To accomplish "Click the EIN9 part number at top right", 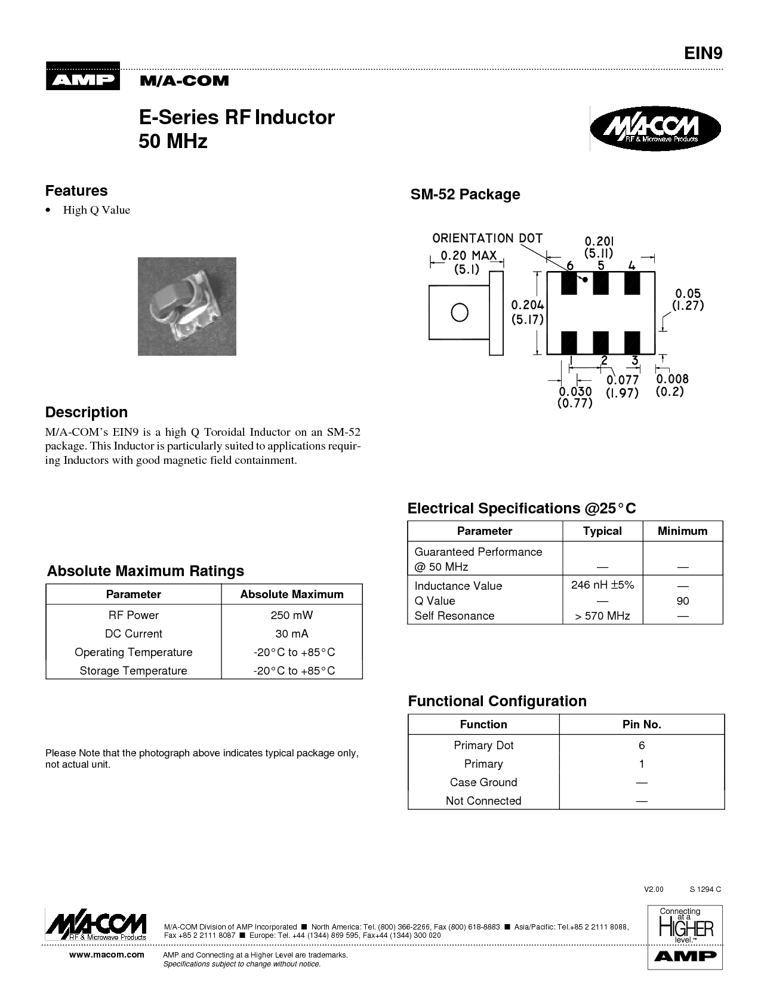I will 703,53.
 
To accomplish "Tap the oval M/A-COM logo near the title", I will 655,128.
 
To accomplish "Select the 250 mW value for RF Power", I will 291,615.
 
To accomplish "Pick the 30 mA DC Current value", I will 291,633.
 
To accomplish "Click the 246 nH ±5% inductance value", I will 602,585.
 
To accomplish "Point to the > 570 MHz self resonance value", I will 602,616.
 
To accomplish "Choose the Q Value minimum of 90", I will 683,601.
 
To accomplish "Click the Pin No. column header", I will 642,724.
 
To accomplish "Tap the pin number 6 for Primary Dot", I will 642,745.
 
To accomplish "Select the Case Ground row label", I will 483,782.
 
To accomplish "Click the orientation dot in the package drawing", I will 586,279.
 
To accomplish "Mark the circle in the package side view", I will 460,312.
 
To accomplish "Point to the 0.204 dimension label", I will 528,305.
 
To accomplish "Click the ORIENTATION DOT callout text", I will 487,238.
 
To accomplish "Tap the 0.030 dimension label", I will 575,391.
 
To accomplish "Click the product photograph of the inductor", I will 187,306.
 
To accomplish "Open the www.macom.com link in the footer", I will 107,955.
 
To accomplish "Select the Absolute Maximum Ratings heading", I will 146,571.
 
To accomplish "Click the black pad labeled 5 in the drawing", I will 600,283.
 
